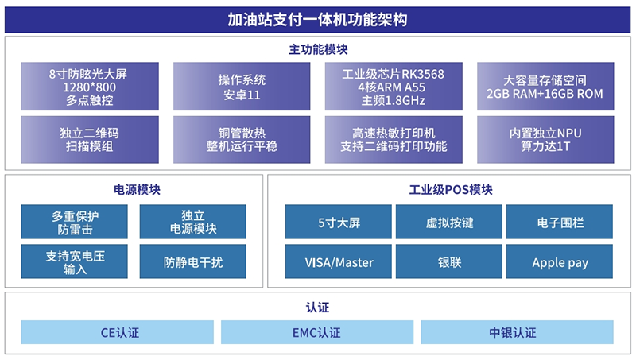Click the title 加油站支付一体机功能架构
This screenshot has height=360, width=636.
click(x=317, y=19)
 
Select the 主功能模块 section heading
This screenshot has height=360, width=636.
click(x=318, y=49)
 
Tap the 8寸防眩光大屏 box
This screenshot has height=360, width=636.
click(x=90, y=87)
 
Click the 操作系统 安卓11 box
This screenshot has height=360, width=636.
click(x=242, y=87)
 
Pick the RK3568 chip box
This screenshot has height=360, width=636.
click(x=394, y=87)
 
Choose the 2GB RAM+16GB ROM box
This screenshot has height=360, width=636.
click(x=545, y=87)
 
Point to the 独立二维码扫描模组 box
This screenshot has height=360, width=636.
click(x=90, y=140)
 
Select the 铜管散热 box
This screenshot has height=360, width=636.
click(x=242, y=140)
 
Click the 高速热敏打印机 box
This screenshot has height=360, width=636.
click(x=394, y=140)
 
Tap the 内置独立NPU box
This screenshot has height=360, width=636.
click(x=545, y=140)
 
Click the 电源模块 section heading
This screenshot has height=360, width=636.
click(x=137, y=190)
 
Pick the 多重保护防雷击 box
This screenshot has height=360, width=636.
click(x=74, y=222)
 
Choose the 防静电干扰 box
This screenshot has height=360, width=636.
click(x=193, y=261)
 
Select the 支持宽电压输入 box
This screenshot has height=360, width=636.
click(x=74, y=261)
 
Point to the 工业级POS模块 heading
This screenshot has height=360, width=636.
click(x=451, y=190)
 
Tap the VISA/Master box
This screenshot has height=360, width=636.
click(x=339, y=261)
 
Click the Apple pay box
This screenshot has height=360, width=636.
click(x=560, y=261)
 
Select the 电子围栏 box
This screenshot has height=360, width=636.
click(x=560, y=222)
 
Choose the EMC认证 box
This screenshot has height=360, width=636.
click(x=317, y=332)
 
